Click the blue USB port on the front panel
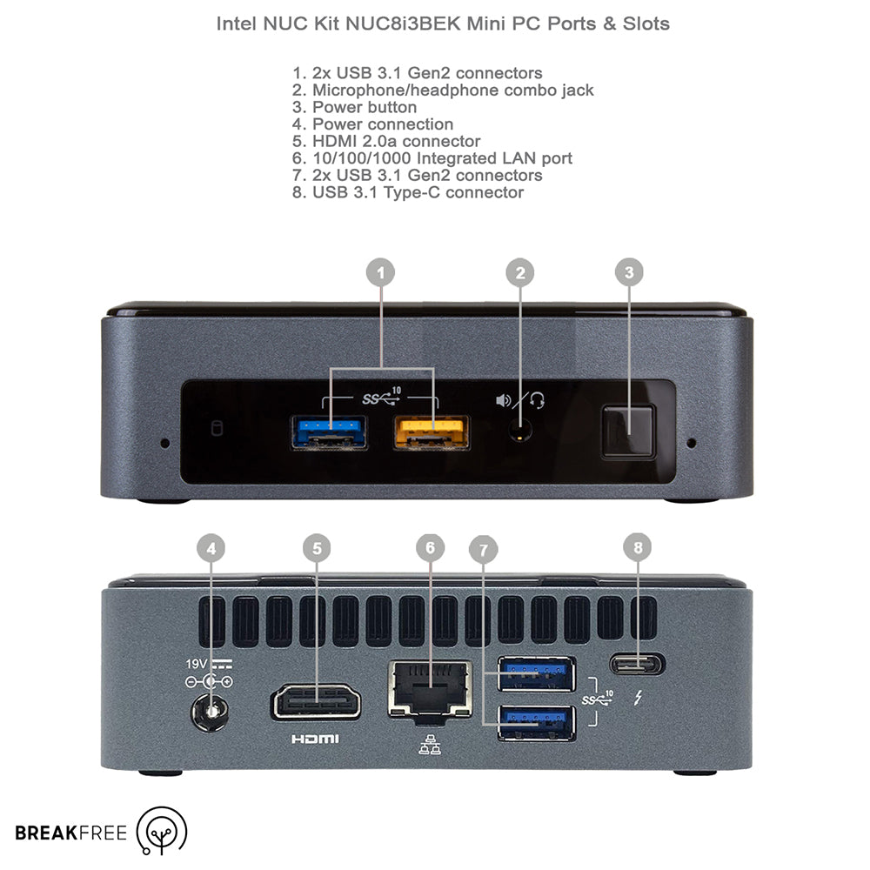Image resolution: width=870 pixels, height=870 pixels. click(329, 432)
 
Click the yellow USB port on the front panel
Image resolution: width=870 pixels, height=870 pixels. click(432, 432)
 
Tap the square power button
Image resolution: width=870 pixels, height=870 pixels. click(629, 432)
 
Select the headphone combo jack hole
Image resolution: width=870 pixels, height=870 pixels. click(520, 431)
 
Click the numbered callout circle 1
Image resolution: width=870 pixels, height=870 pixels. click(381, 272)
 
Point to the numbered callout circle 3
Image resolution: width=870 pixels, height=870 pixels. click(629, 271)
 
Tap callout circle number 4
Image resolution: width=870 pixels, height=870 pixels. click(211, 548)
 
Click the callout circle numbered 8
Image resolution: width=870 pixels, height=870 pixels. click(638, 547)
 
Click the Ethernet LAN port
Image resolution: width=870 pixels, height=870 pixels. click(431, 690)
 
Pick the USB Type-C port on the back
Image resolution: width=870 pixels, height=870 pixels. click(638, 664)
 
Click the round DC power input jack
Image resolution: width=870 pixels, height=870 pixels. click(211, 712)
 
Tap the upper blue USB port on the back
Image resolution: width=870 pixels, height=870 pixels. click(537, 673)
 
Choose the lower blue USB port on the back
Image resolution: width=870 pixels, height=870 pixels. click(537, 722)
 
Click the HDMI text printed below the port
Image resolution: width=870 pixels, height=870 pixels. click(315, 739)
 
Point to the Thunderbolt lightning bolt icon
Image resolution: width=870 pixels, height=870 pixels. click(638, 698)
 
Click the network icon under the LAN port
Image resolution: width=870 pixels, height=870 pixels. click(430, 746)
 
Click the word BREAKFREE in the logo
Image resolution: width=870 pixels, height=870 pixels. click(71, 833)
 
